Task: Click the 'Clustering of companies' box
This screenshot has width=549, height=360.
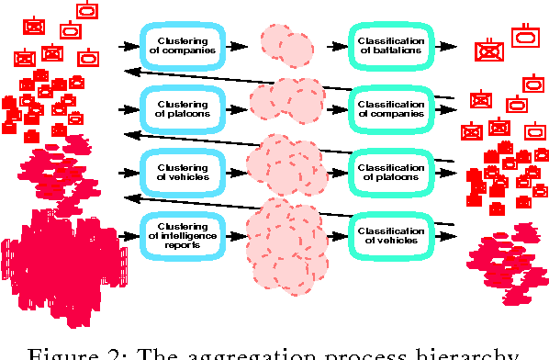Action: tap(182, 44)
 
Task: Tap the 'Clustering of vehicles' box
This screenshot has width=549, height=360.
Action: tap(182, 170)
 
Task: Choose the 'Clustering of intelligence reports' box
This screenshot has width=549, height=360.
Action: tap(182, 233)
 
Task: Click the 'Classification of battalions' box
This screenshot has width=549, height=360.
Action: tap(390, 44)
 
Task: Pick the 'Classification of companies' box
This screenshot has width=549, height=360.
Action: tap(390, 108)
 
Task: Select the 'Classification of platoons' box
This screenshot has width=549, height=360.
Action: tap(390, 170)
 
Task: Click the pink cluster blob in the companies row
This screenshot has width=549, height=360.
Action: tap(286, 44)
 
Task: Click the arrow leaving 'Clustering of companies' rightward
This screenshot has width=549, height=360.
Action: tap(236, 44)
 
